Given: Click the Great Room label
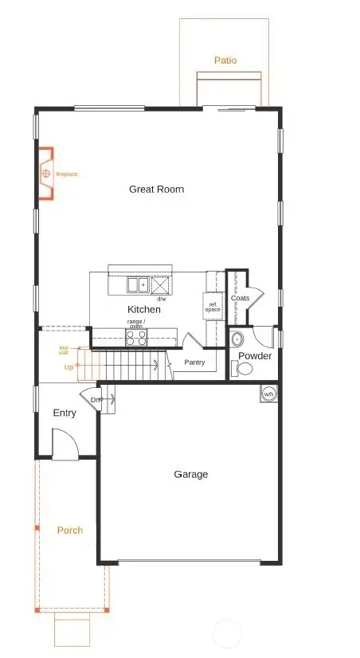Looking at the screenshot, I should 156,189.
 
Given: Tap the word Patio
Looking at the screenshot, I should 225,60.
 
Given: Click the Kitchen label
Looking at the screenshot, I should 144,309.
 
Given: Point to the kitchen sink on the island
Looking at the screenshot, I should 137,284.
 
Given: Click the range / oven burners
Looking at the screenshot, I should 136,337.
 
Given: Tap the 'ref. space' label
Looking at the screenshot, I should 213,307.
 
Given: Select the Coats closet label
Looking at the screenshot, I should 240,298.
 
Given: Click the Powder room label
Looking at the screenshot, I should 255,355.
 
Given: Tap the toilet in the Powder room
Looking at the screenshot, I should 243,369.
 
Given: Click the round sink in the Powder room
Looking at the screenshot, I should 237,339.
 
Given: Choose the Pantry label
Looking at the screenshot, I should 194,362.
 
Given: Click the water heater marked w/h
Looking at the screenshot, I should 269,394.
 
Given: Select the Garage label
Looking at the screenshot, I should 190,474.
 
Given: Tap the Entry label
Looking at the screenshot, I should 65,413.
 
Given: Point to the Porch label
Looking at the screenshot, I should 69,530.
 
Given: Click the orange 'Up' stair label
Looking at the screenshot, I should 68,367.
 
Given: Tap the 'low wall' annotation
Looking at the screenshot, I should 64,351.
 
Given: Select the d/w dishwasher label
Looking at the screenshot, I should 172,299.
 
